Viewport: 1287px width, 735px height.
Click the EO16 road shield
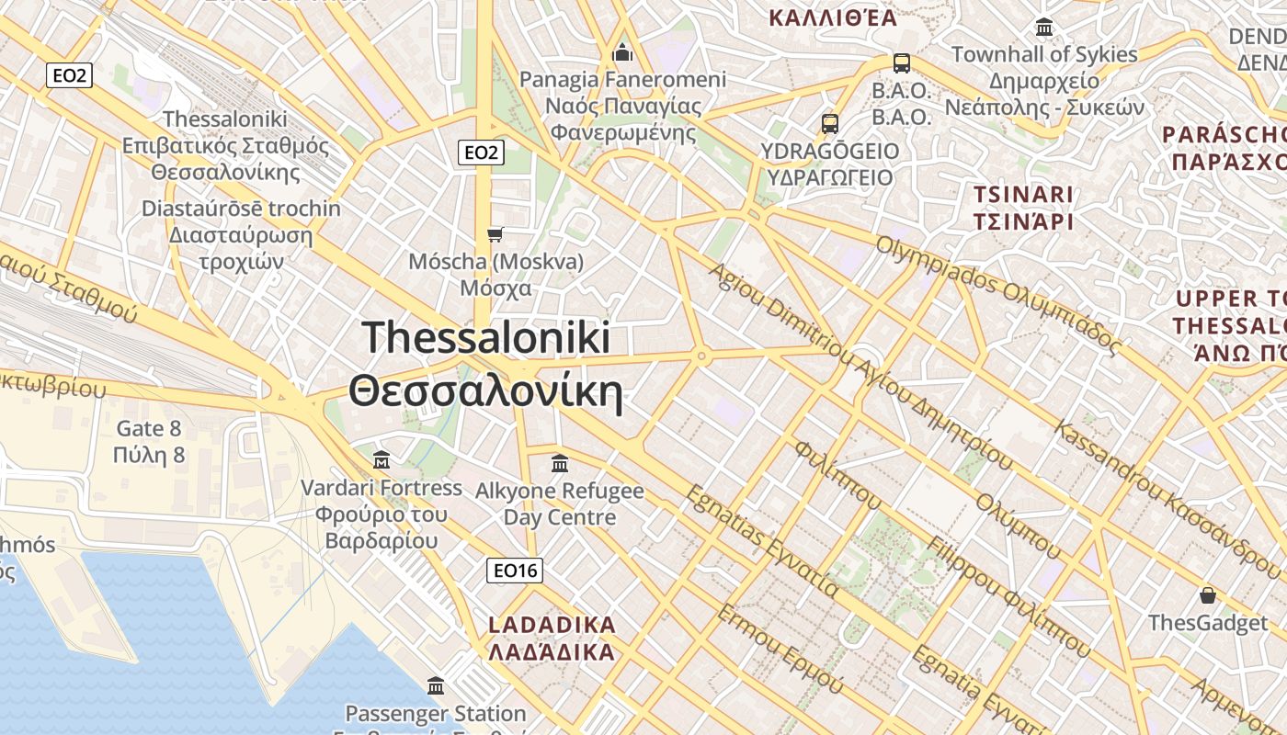tap(515, 571)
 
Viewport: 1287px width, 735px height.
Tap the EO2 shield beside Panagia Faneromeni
tap(481, 153)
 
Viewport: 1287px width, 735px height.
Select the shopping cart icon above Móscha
tap(495, 234)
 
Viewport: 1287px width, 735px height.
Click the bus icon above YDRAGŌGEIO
tap(830, 123)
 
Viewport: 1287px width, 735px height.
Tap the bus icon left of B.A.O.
tap(902, 63)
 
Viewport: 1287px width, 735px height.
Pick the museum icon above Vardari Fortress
tap(382, 458)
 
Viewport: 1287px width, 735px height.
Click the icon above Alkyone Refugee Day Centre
tap(560, 463)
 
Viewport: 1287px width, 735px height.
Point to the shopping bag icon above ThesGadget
tap(1208, 595)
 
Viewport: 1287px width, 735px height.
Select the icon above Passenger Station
tap(436, 685)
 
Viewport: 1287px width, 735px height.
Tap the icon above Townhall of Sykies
tap(1044, 27)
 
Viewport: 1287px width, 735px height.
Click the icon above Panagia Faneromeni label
tap(623, 52)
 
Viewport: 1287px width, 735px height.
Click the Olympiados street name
tap(997, 296)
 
